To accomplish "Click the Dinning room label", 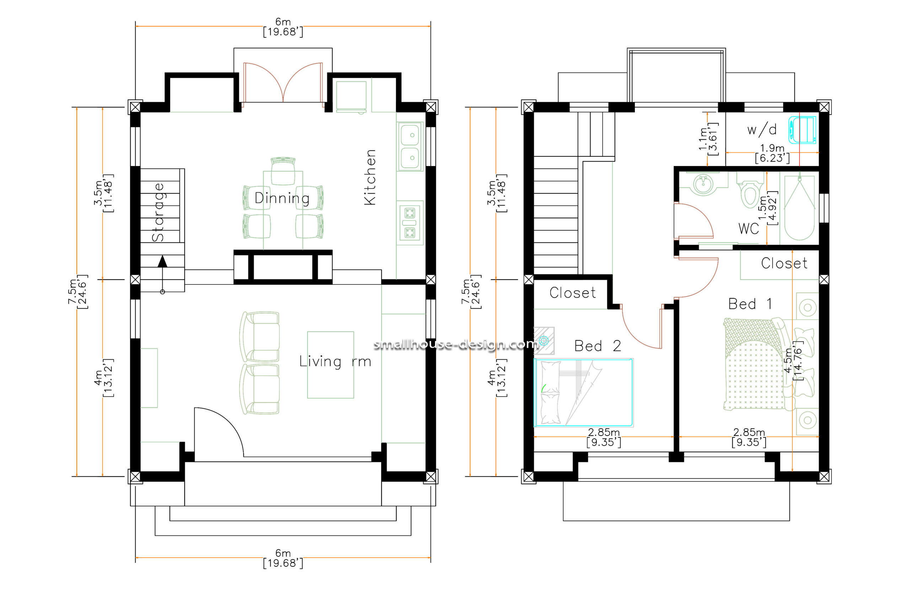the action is [x=282, y=198].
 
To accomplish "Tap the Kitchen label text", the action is [x=370, y=177].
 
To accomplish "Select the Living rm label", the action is [x=335, y=362].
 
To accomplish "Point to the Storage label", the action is [x=158, y=212].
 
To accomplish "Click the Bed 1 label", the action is [x=750, y=304].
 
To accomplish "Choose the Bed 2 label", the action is [x=597, y=346].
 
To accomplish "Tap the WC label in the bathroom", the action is [x=748, y=229].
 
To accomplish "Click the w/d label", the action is [x=762, y=130].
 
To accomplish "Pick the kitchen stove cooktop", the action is [x=409, y=223].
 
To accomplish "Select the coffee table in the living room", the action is [x=331, y=365].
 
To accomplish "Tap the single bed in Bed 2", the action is [x=583, y=392].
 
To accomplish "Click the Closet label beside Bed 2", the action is [x=572, y=293].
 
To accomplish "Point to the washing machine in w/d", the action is [x=802, y=130].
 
